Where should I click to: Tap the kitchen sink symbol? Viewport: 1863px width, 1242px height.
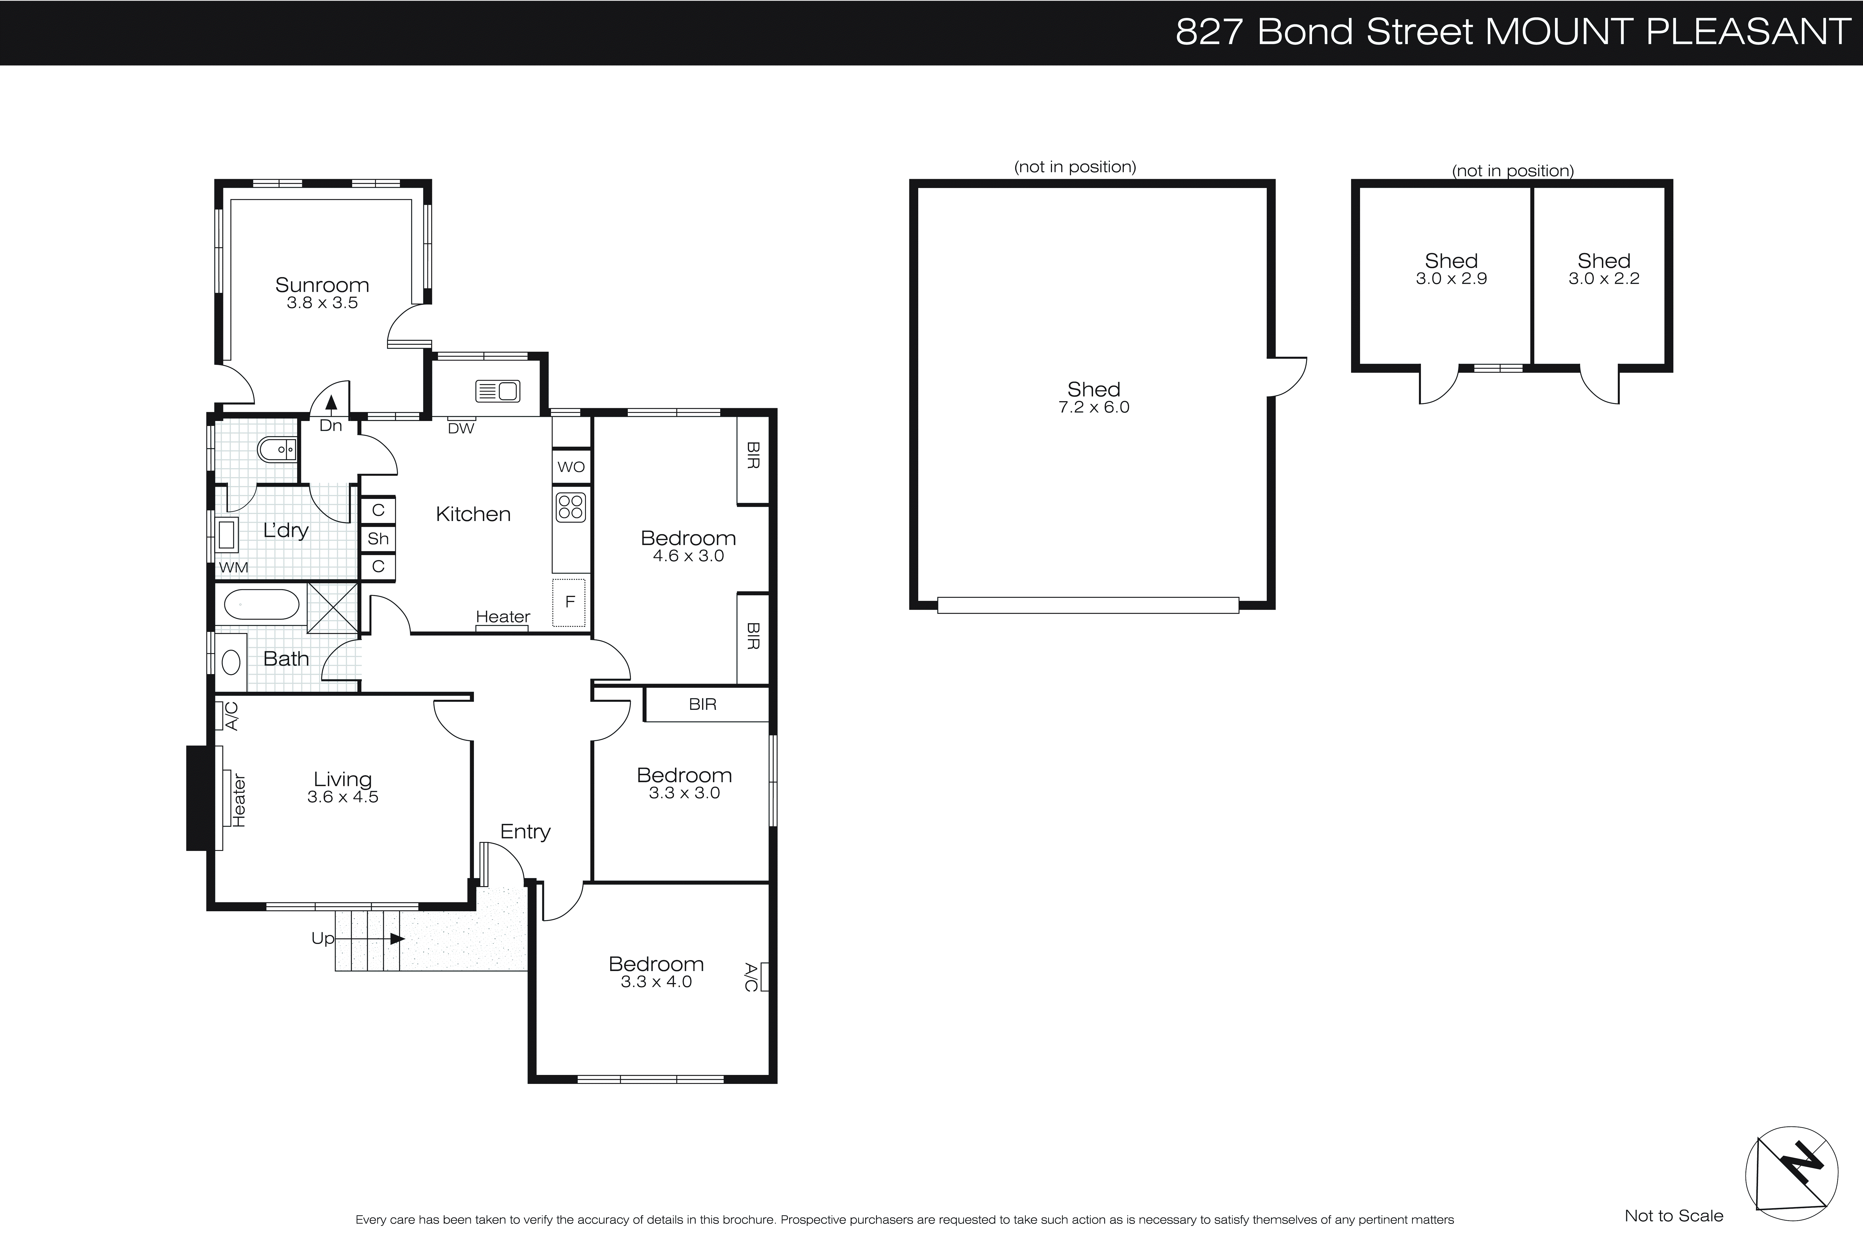(497, 391)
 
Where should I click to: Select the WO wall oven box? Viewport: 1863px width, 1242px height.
(571, 467)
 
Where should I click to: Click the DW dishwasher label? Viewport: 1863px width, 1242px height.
(461, 429)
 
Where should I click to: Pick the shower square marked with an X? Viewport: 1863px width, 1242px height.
(333, 608)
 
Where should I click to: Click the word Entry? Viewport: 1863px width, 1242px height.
(525, 832)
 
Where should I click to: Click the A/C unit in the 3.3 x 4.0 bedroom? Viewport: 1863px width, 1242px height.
(763, 977)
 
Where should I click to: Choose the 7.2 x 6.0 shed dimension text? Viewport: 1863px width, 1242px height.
(1093, 407)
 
